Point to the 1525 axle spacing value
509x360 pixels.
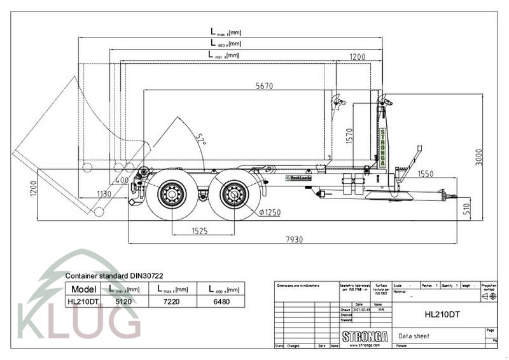coord(199,232)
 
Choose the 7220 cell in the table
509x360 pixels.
coord(172,302)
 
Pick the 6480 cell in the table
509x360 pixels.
coord(223,302)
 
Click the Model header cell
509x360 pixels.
coord(83,289)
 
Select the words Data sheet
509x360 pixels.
coord(414,336)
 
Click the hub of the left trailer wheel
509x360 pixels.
coord(172,192)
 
